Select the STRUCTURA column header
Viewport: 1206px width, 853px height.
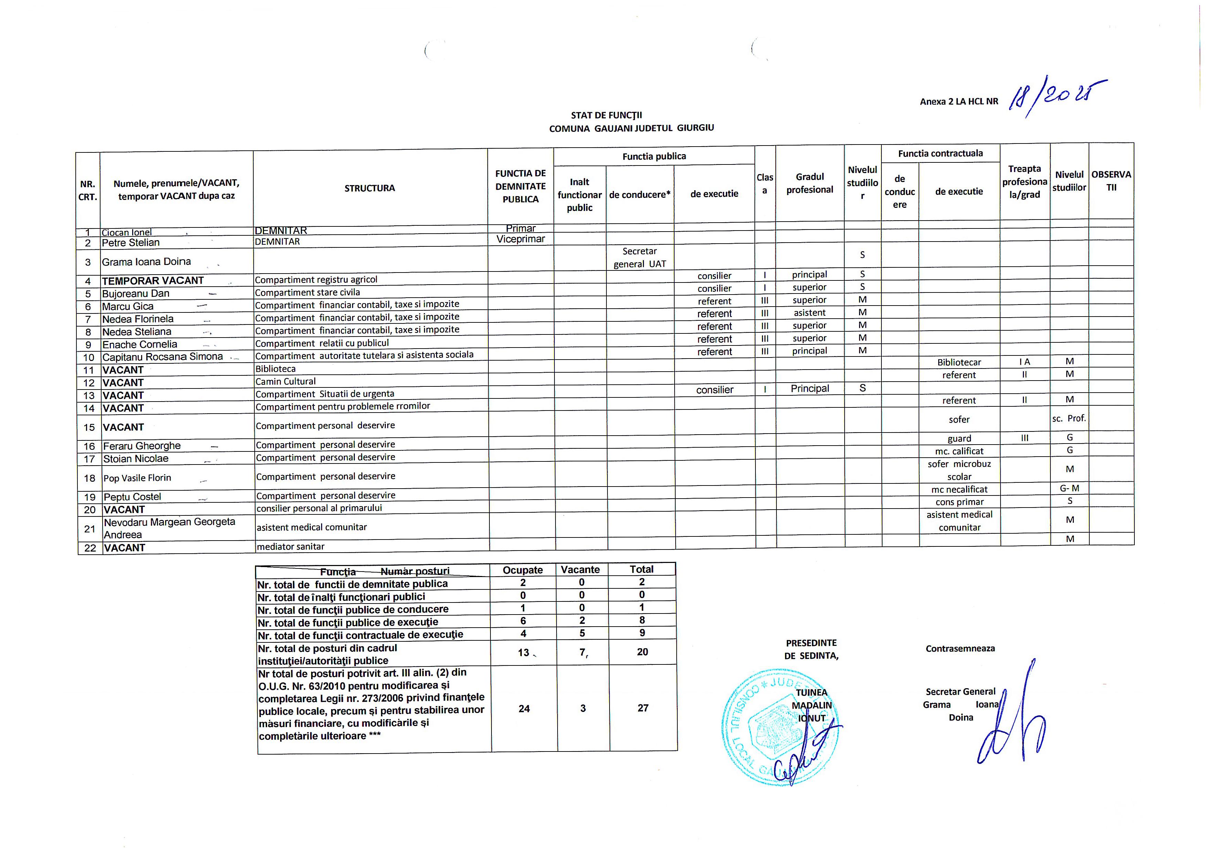click(369, 188)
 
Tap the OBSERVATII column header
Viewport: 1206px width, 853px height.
click(1111, 181)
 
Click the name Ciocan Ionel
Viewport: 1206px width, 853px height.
click(127, 232)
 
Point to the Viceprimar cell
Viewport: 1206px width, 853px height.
click(520, 239)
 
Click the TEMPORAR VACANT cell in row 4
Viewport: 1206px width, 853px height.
click(152, 280)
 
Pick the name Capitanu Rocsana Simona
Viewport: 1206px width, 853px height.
click(162, 356)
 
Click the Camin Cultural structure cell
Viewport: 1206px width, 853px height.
click(285, 381)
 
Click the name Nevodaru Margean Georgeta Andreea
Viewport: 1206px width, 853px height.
click(169, 528)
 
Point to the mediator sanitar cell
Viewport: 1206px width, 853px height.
click(290, 546)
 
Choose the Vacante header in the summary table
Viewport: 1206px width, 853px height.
click(580, 569)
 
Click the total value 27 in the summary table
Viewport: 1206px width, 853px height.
click(643, 708)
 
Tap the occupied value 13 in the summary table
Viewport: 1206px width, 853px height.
click(523, 652)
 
